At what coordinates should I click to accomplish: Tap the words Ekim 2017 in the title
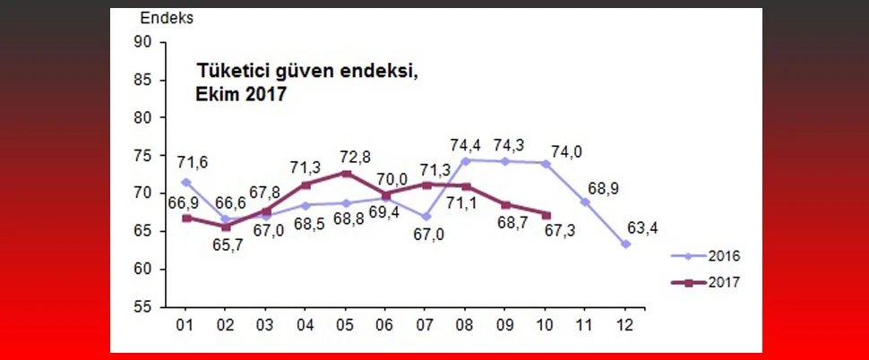[241, 94]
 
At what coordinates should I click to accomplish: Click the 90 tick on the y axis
[144, 41]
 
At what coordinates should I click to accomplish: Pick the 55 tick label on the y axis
[144, 307]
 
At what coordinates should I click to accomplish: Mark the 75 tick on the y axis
[144, 155]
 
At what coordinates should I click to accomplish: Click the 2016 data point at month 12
[625, 244]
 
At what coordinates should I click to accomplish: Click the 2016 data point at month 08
[466, 160]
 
